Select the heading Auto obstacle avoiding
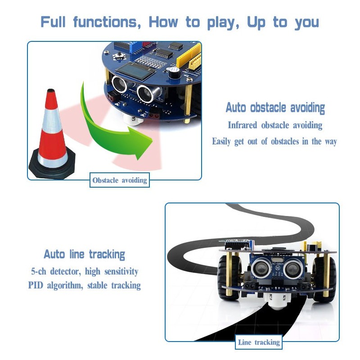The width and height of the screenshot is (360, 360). point(275,108)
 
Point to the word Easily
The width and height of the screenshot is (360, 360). point(221,141)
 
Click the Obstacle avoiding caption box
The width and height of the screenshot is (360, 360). point(120,180)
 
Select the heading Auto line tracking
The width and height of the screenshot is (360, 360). point(84,254)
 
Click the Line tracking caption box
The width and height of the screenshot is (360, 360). point(259,342)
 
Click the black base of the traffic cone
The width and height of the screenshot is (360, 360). point(52,166)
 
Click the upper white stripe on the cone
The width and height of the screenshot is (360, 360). point(51,119)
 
